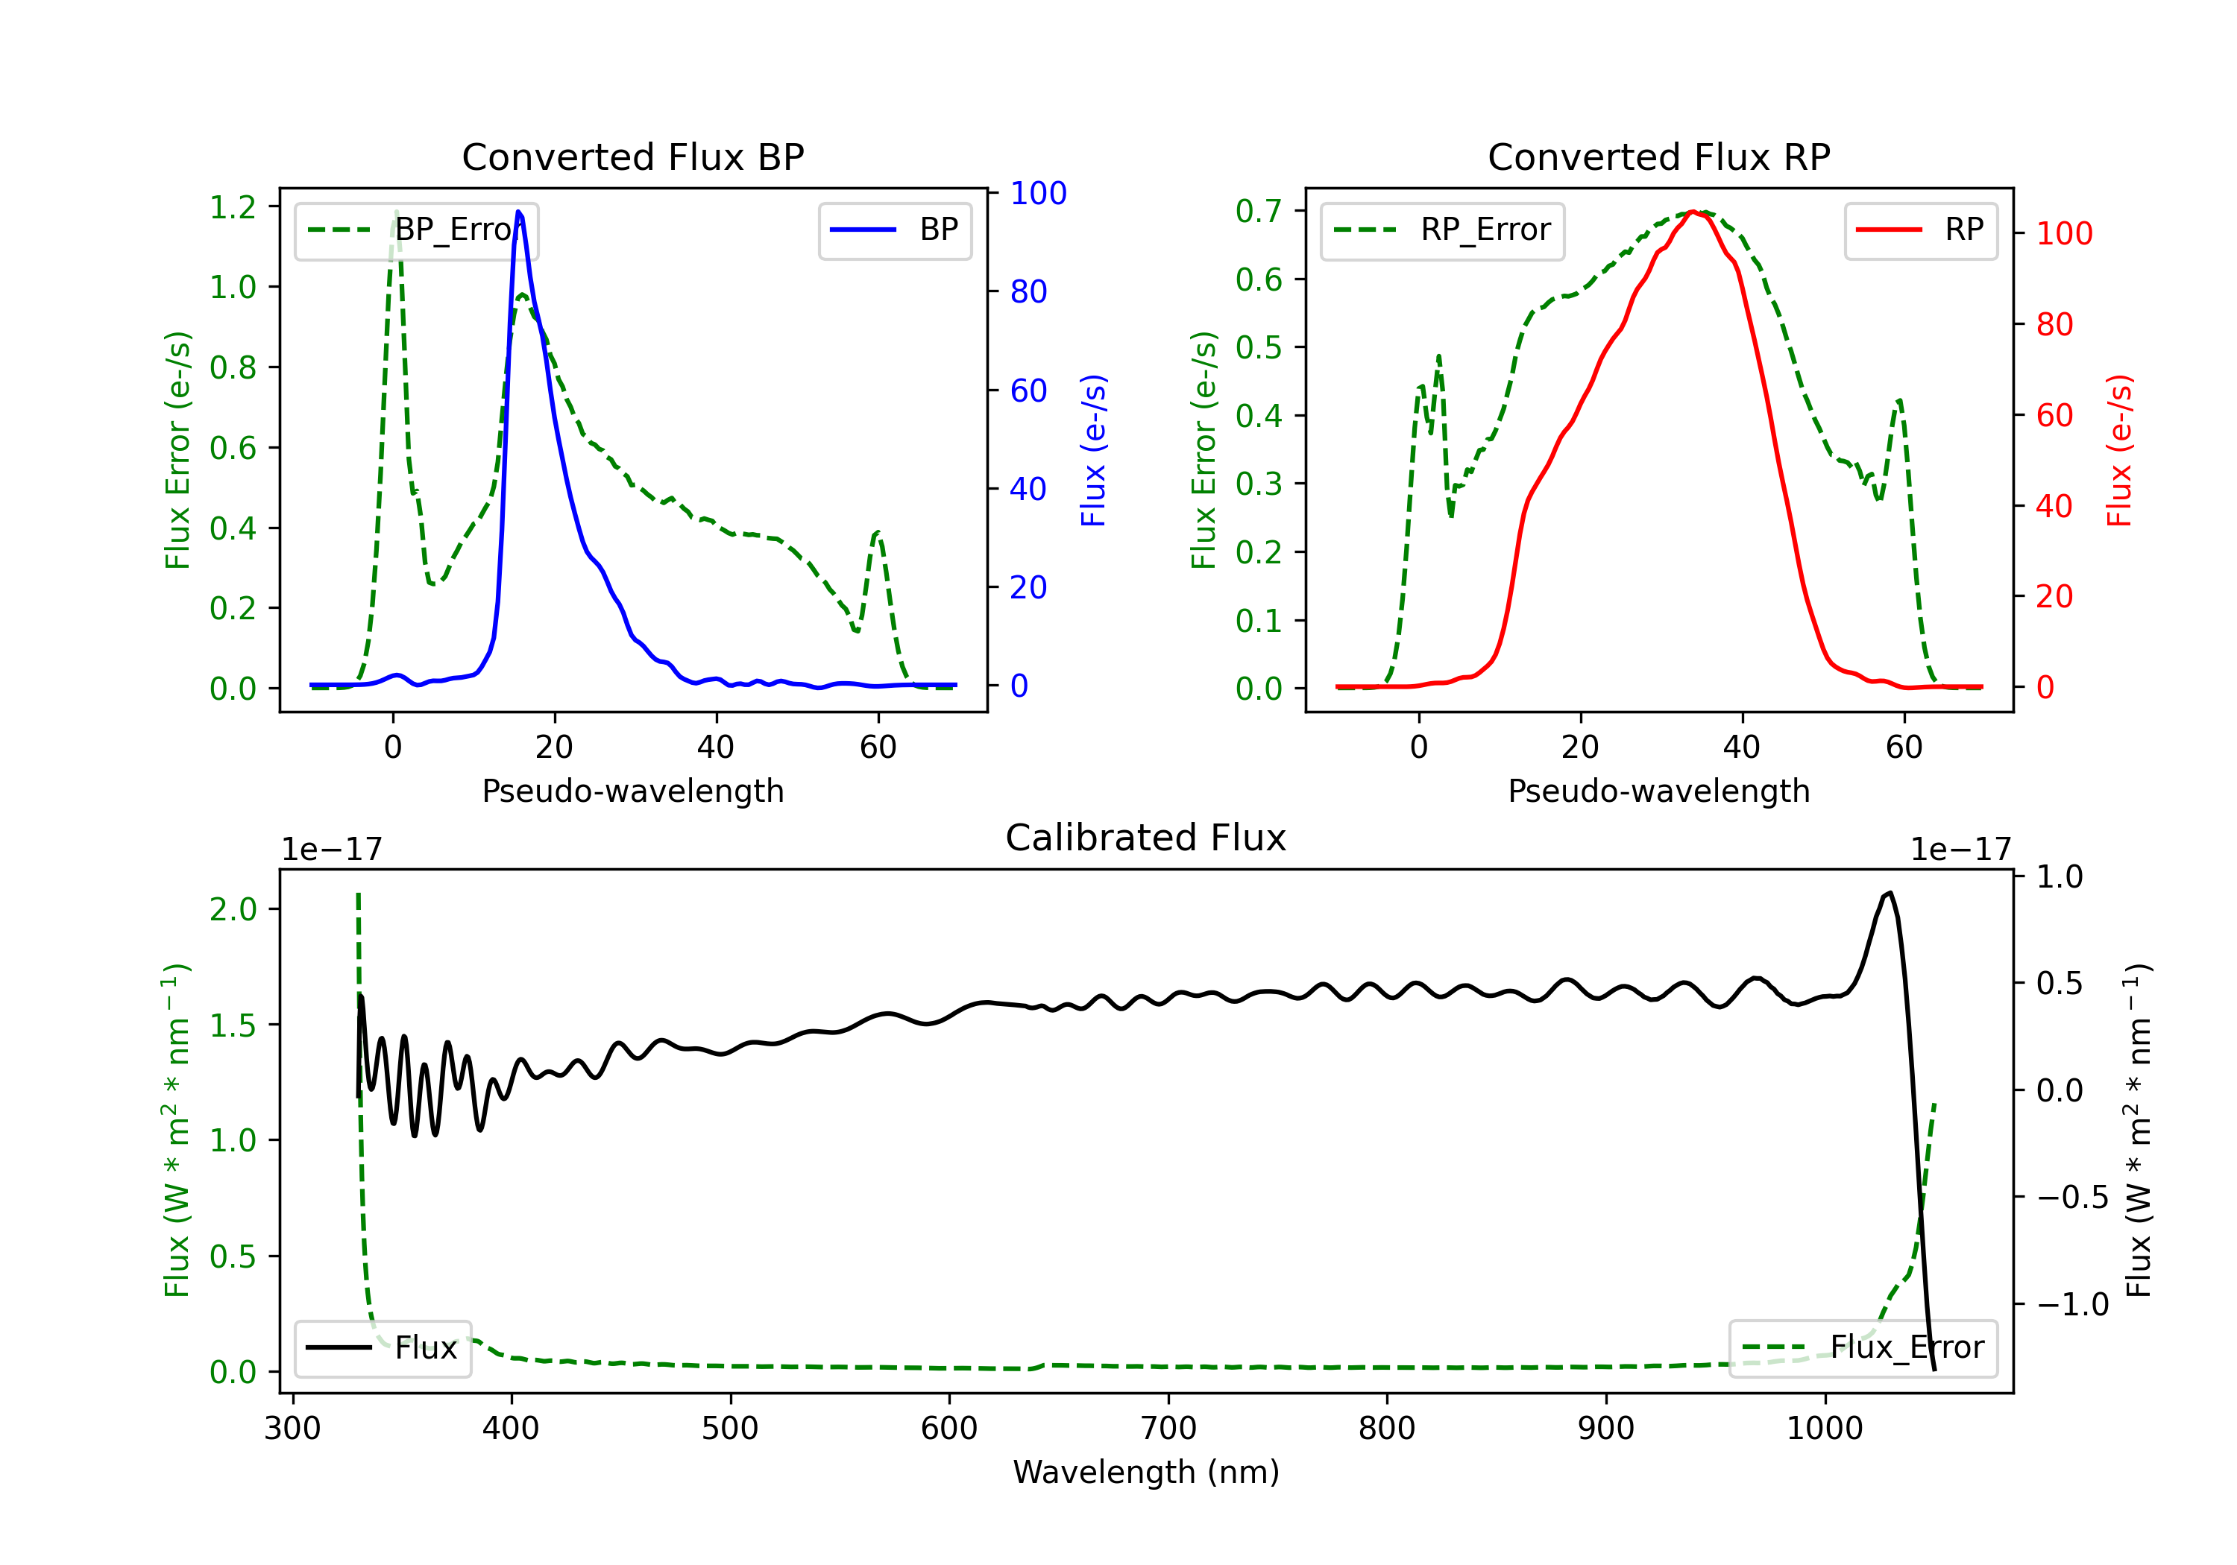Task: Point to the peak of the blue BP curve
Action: [518, 212]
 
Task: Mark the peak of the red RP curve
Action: [1693, 212]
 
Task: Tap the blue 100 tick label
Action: [1039, 194]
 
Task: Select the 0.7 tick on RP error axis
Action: [1259, 210]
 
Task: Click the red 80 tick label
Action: [2055, 324]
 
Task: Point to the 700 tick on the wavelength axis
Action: [1167, 1429]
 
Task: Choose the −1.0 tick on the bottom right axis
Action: [2072, 1304]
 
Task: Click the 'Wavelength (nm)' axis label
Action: [1146, 1473]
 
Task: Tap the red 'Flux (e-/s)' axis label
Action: [2120, 451]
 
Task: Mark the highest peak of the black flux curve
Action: [1890, 892]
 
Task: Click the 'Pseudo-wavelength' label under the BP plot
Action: [632, 791]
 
